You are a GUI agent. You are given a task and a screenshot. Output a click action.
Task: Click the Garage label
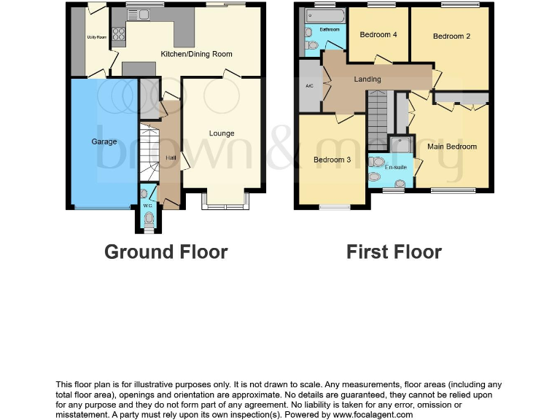point(104,141)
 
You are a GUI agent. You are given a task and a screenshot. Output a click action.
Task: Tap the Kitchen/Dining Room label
point(196,54)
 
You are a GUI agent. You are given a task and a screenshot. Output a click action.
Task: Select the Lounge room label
point(222,133)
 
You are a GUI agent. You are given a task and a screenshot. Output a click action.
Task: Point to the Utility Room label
point(96,36)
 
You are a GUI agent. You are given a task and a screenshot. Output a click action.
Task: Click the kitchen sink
point(139,14)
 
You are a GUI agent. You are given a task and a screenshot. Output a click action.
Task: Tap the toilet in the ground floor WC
point(149,217)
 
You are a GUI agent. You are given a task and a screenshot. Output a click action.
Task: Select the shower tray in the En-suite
point(400,145)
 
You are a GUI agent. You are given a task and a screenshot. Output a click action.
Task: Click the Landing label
point(367,79)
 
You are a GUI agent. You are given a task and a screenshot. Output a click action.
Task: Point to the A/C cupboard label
point(309,86)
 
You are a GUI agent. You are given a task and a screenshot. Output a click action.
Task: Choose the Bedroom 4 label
point(378,34)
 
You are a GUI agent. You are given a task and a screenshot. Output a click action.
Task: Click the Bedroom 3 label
point(332,160)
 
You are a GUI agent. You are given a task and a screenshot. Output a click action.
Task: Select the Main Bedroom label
point(452,147)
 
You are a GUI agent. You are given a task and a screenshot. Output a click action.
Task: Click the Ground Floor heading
point(166,252)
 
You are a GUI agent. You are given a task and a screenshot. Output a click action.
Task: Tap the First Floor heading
point(394,252)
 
